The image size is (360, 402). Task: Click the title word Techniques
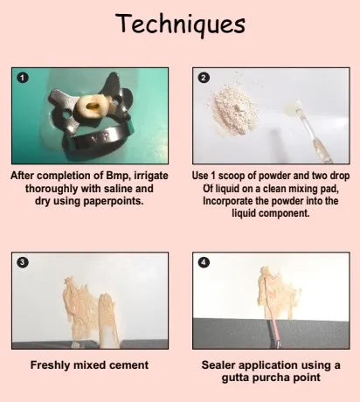click(180, 24)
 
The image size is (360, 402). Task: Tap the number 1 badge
click(23, 78)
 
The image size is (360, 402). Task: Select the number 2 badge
click(204, 78)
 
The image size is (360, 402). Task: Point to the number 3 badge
click(23, 262)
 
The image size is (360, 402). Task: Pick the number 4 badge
click(204, 262)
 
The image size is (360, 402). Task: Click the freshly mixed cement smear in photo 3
click(89, 312)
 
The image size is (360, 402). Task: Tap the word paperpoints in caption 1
click(114, 201)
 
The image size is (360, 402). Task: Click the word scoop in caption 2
click(237, 176)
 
